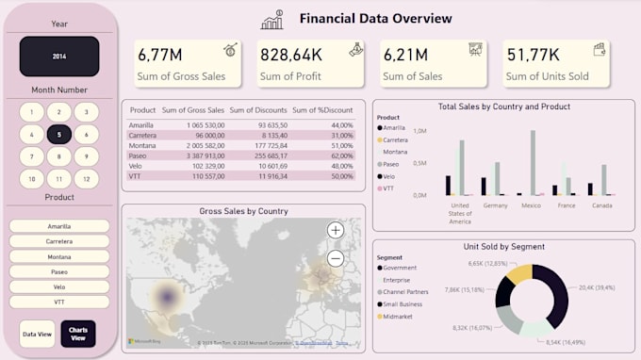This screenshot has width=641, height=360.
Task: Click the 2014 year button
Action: pos(59,57)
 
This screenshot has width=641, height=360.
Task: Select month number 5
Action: pos(59,135)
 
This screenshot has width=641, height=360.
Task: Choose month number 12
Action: pos(86,178)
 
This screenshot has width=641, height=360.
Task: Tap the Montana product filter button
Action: pos(59,256)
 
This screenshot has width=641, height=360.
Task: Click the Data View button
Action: pos(37,333)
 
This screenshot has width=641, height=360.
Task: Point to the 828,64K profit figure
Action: pos(291,56)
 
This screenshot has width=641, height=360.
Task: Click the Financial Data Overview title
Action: pos(375,18)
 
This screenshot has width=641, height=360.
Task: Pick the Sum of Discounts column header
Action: pos(258,110)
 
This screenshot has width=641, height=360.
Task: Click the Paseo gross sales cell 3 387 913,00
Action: pos(197,155)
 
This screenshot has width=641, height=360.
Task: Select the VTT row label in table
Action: pos(136,176)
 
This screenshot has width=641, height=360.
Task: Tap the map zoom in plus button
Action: pos(336,230)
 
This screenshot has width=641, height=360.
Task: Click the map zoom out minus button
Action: pos(336,258)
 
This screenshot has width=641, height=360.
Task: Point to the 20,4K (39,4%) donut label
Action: pos(596,288)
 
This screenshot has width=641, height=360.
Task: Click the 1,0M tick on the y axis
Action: pos(420,132)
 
